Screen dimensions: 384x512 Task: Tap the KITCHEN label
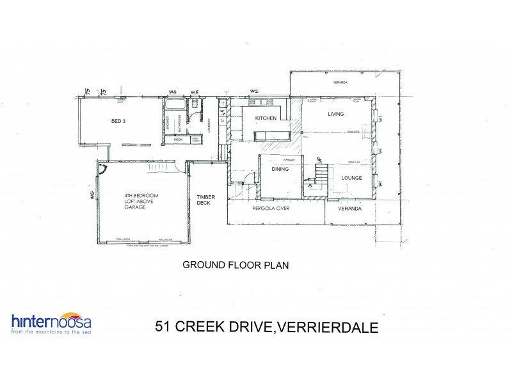coord(265,119)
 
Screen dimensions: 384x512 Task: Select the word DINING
coord(280,170)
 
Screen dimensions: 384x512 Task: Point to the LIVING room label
coord(336,114)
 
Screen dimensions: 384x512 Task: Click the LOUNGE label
coord(352,179)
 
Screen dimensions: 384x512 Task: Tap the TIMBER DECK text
coord(205,200)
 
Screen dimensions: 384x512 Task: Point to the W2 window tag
coord(253,91)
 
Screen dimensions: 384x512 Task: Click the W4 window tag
coord(172,92)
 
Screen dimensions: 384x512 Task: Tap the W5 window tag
coord(194,92)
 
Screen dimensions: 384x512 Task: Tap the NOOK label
coord(177,139)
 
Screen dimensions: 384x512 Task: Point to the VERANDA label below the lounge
coord(350,209)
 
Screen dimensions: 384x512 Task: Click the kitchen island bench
coord(271,135)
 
